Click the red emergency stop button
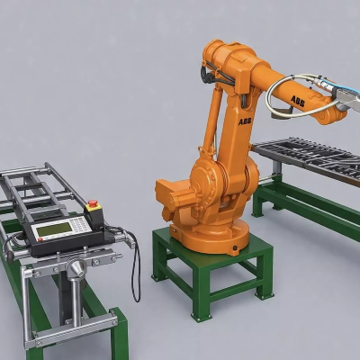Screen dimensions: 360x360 (x=94, y=202)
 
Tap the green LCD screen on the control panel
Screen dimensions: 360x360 (x=54, y=229)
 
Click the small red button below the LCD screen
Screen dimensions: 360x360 (x=40, y=239)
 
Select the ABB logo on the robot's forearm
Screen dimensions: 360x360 (x=297, y=101)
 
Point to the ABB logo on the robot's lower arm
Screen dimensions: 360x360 (x=245, y=121)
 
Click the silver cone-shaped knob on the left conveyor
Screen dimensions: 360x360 (x=77, y=267)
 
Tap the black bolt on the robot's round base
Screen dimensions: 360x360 (x=235, y=248)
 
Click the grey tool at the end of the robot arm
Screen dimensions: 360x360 (x=348, y=98)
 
